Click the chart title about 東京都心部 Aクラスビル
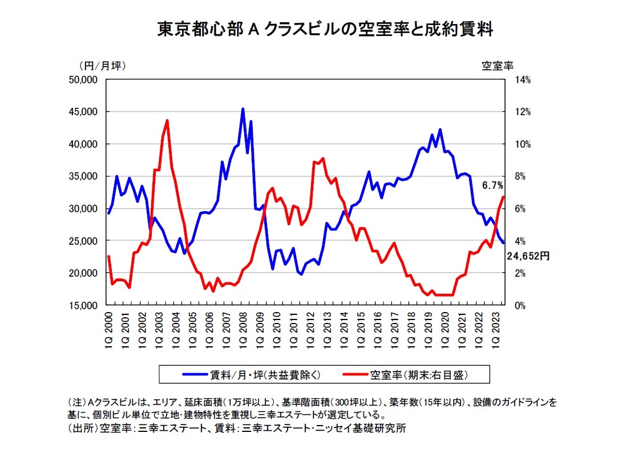pyautogui.click(x=325, y=30)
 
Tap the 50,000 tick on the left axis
pyautogui.click(x=82, y=80)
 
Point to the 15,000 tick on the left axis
pyautogui.click(x=82, y=305)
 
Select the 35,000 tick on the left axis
pyautogui.click(x=82, y=176)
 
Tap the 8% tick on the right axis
pyautogui.click(x=521, y=176)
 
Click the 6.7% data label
pyautogui.click(x=492, y=185)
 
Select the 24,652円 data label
pyautogui.click(x=528, y=257)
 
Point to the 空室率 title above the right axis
pyautogui.click(x=498, y=65)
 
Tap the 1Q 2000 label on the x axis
pyautogui.click(x=109, y=328)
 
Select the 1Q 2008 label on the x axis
pyautogui.click(x=243, y=328)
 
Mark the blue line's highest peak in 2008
pyautogui.click(x=243, y=108)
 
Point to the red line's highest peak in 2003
pyautogui.click(x=167, y=120)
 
